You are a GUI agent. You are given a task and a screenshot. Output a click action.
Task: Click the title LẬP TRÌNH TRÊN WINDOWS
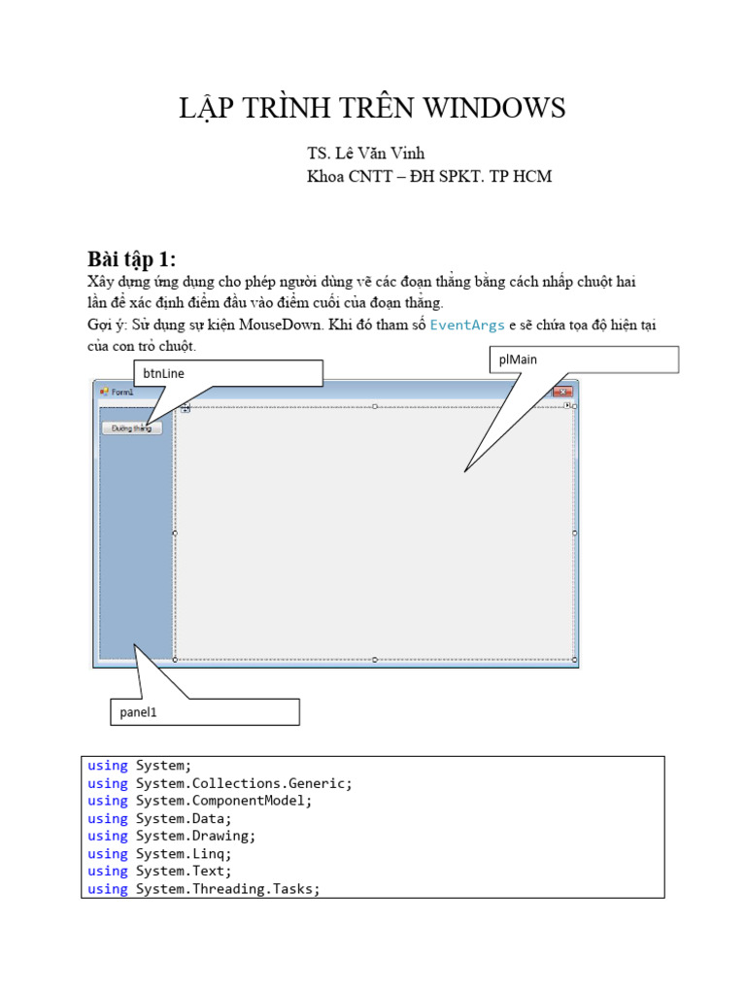[x=372, y=109]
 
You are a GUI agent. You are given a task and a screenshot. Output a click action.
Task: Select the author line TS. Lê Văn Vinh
[x=365, y=154]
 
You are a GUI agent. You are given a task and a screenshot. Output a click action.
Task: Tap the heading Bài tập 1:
[x=131, y=258]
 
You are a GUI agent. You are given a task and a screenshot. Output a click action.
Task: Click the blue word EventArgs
[x=467, y=325]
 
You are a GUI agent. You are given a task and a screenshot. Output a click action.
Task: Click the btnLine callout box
[x=227, y=373]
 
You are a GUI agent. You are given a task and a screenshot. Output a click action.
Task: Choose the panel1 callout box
[x=204, y=712]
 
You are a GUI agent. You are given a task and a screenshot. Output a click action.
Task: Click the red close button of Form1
[x=562, y=392]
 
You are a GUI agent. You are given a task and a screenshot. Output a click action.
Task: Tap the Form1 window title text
[x=122, y=392]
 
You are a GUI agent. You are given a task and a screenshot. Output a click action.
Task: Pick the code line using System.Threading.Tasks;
[x=204, y=889]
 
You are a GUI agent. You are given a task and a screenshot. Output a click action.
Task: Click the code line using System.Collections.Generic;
[x=220, y=783]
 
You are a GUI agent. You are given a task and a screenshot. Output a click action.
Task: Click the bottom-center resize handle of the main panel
[x=375, y=660]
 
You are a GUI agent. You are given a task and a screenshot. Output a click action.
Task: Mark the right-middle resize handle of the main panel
[x=575, y=532]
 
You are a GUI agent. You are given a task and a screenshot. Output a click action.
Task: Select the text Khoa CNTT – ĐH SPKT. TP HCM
[x=428, y=177]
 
